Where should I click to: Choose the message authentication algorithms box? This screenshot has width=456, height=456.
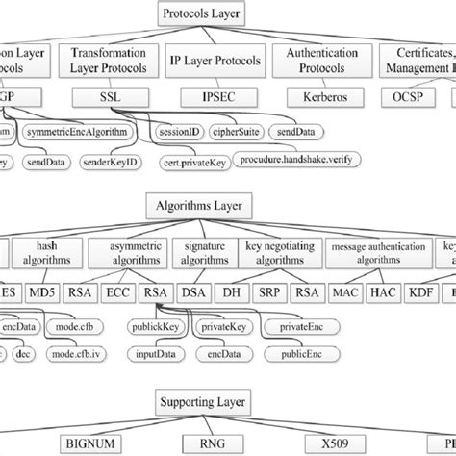pyautogui.click(x=376, y=253)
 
